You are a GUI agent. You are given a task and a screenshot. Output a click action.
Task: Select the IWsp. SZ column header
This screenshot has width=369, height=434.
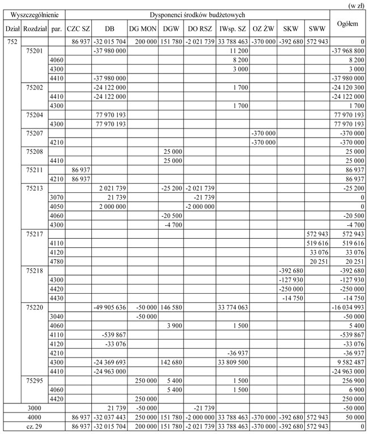pos(233,28)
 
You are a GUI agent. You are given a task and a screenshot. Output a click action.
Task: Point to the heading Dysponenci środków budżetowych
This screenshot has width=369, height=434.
pos(197,14)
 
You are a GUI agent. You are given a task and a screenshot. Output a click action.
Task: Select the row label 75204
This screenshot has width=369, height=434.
pos(35,115)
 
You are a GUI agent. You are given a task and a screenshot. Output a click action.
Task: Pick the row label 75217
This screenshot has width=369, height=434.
pos(35,233)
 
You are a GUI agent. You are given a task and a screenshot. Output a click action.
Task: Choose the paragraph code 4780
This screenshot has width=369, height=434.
pos(56,261)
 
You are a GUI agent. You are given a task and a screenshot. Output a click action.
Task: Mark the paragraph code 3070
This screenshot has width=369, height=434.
pos(56,197)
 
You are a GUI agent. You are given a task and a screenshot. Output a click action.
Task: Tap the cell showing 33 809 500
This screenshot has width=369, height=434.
pos(233,362)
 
